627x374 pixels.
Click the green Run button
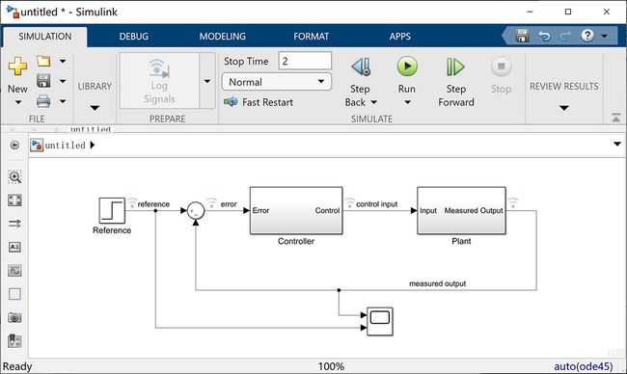pyautogui.click(x=407, y=67)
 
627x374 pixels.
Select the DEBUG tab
pyautogui.click(x=133, y=36)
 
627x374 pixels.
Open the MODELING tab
pyautogui.click(x=222, y=36)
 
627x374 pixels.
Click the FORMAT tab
pyautogui.click(x=311, y=36)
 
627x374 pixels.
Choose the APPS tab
pyautogui.click(x=399, y=36)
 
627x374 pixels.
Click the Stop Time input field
pyautogui.click(x=305, y=61)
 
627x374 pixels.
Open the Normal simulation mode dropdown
pyautogui.click(x=277, y=82)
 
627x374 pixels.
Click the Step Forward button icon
pyautogui.click(x=456, y=67)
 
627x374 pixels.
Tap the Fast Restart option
pyautogui.click(x=259, y=102)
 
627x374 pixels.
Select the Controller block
pyautogui.click(x=295, y=210)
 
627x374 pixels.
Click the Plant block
pyautogui.click(x=461, y=210)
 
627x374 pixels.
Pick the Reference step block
pyautogui.click(x=112, y=210)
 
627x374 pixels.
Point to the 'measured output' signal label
pyautogui.click(x=438, y=283)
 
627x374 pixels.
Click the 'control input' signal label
pyautogui.click(x=377, y=204)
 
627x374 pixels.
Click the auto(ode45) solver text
pyautogui.click(x=586, y=366)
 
